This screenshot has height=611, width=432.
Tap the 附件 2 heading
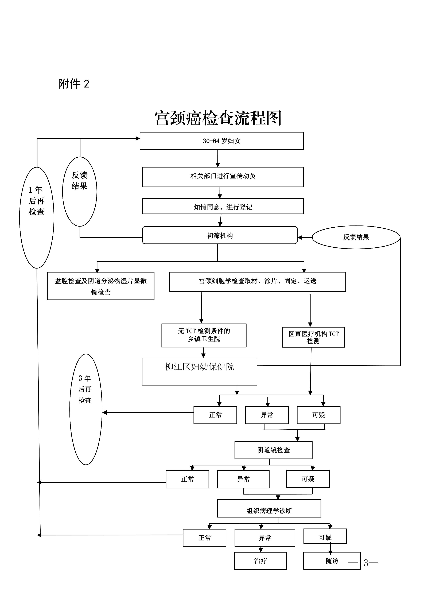[73, 84]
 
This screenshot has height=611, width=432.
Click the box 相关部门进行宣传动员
[223, 177]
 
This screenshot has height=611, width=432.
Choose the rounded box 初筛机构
[220, 235]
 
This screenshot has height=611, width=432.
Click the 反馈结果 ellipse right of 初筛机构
[356, 237]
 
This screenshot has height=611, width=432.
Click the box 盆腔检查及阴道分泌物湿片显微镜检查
[101, 286]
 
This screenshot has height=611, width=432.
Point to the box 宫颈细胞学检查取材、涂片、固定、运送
[257, 282]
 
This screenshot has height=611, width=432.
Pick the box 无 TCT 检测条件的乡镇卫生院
[204, 335]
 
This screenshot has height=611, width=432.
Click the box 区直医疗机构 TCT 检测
[313, 337]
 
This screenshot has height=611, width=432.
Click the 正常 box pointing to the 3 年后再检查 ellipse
[215, 415]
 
